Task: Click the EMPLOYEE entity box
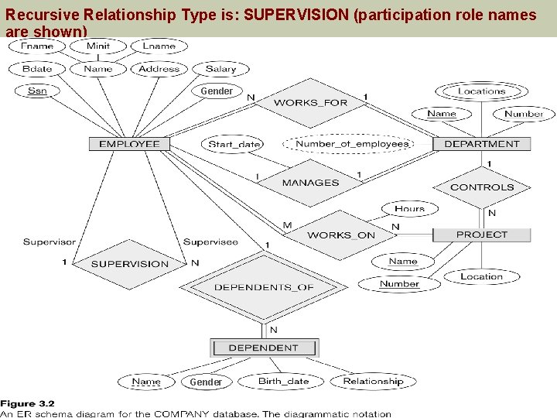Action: click(129, 144)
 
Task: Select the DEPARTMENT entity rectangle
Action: click(481, 144)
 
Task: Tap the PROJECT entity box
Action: click(481, 235)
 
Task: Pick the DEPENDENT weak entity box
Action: click(263, 348)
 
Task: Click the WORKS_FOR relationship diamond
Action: click(310, 103)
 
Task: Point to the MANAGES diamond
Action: click(310, 183)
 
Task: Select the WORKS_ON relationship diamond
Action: click(340, 235)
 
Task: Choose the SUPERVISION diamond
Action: click(129, 264)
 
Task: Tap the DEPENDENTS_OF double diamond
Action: click(264, 287)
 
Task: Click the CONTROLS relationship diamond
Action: click(481, 187)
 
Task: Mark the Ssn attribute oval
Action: click(37, 91)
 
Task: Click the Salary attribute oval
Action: click(220, 69)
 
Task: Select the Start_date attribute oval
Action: click(234, 144)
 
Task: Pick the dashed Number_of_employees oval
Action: click(352, 144)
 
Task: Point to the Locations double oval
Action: click(481, 91)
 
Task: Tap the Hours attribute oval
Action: click(409, 209)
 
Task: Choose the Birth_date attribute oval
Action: click(283, 381)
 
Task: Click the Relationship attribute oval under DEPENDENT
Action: click(373, 381)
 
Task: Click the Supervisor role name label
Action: click(50, 242)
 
